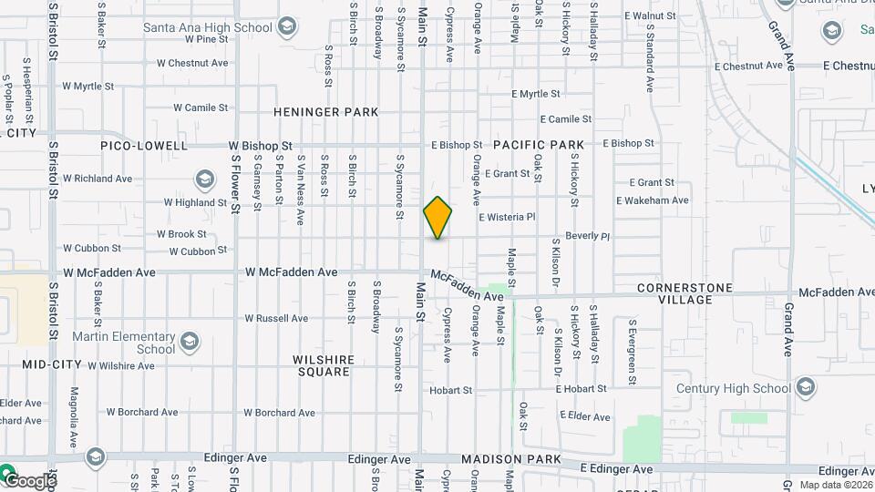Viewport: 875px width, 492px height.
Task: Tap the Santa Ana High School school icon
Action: click(x=288, y=26)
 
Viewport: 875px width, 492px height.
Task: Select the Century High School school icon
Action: click(x=805, y=388)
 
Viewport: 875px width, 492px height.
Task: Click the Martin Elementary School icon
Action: click(x=190, y=342)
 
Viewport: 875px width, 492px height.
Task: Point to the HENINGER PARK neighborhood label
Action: click(x=326, y=112)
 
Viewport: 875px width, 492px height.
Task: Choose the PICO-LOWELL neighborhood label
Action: click(x=145, y=146)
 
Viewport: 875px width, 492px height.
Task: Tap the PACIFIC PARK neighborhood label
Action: click(x=539, y=145)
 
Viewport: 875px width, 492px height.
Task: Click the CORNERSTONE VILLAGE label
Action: click(x=685, y=293)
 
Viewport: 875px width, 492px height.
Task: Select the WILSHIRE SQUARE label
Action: click(x=323, y=365)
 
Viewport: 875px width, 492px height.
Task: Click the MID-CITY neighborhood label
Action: click(x=52, y=364)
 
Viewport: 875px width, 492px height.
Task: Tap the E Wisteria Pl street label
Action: click(x=506, y=217)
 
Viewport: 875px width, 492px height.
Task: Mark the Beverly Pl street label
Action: click(x=587, y=236)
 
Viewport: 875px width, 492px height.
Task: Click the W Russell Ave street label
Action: click(x=276, y=319)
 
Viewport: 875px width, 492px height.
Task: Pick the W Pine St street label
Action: click(x=206, y=39)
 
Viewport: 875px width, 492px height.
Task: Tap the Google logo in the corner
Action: click(x=29, y=480)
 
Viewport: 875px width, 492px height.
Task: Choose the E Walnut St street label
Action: click(x=655, y=15)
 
